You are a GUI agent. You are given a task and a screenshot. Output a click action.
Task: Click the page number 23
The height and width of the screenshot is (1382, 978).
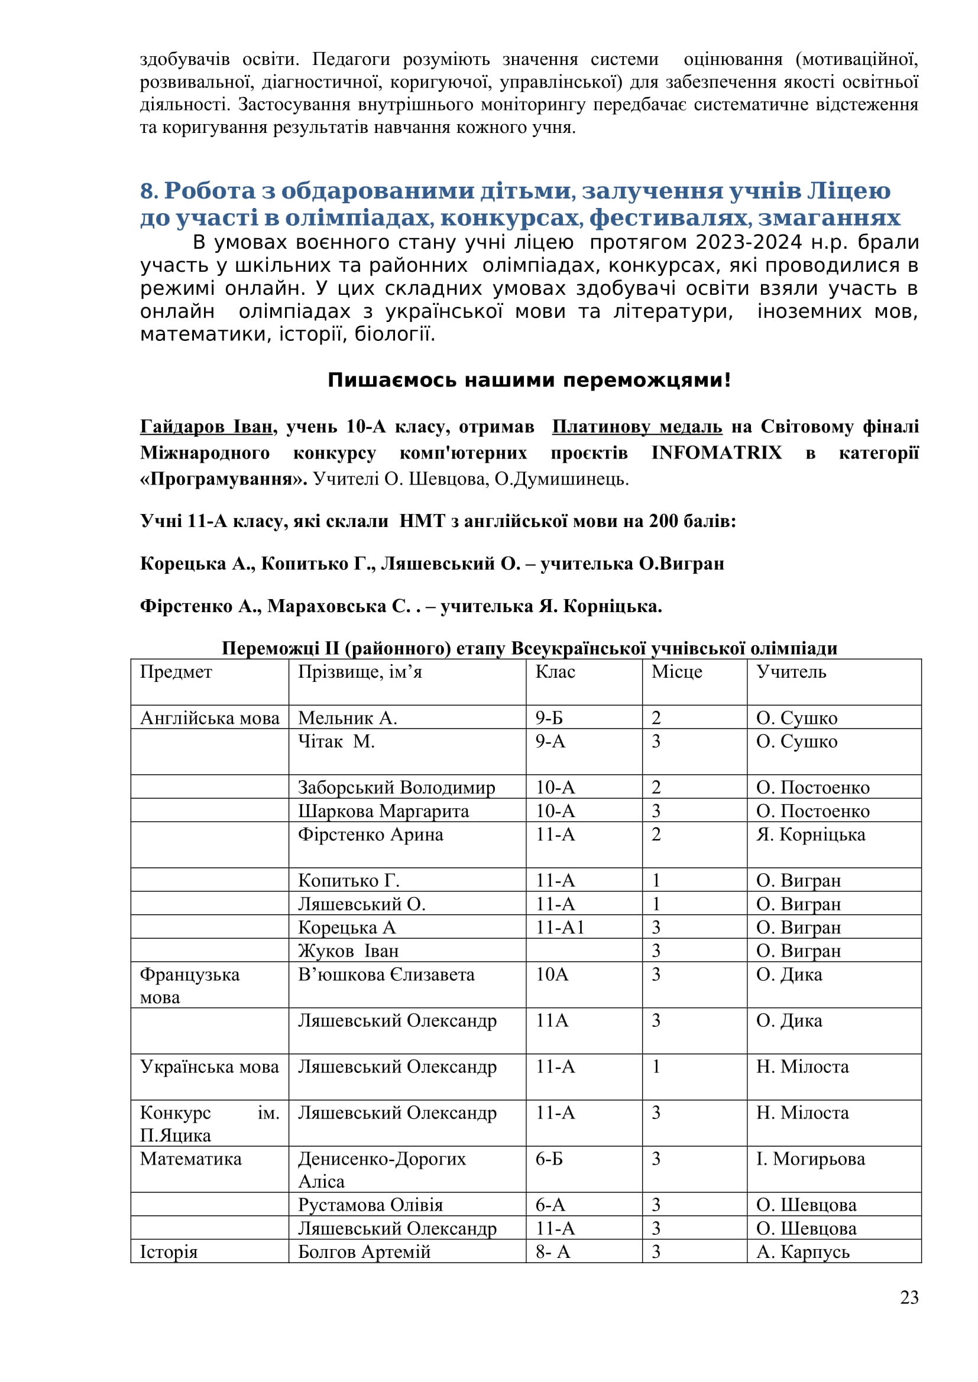[909, 1298]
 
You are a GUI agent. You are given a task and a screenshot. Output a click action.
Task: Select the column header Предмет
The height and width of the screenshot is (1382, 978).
[176, 672]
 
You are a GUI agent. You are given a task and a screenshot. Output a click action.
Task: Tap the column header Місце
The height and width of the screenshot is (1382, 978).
[676, 672]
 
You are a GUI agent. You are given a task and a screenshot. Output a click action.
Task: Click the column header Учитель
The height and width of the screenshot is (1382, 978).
[791, 672]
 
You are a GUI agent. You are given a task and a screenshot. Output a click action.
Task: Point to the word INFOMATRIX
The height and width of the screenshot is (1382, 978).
[716, 453]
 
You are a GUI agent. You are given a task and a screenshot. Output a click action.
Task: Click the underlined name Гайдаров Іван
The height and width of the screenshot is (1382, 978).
[206, 427]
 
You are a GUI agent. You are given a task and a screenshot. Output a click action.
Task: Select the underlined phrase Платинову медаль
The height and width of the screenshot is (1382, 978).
[637, 427]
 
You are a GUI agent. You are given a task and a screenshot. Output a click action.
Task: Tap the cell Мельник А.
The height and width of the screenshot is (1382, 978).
[348, 718]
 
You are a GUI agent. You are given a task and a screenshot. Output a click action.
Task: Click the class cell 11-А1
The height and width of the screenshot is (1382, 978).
[560, 927]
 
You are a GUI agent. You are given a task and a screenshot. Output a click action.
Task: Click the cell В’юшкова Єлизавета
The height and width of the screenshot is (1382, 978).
[386, 974]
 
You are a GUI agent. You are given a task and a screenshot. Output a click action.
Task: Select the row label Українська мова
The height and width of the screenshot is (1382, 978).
[209, 1066]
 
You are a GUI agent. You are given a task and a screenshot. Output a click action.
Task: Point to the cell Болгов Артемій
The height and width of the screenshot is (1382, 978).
[364, 1252]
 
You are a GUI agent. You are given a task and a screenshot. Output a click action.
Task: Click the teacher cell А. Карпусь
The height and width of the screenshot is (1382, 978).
[802, 1252]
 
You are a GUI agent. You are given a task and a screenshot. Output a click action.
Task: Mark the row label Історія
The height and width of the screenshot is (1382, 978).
[169, 1252]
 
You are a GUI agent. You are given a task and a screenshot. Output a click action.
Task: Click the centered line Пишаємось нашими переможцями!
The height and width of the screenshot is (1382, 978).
[529, 381]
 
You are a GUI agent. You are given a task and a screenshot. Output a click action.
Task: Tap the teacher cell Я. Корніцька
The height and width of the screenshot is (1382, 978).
[810, 835]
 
